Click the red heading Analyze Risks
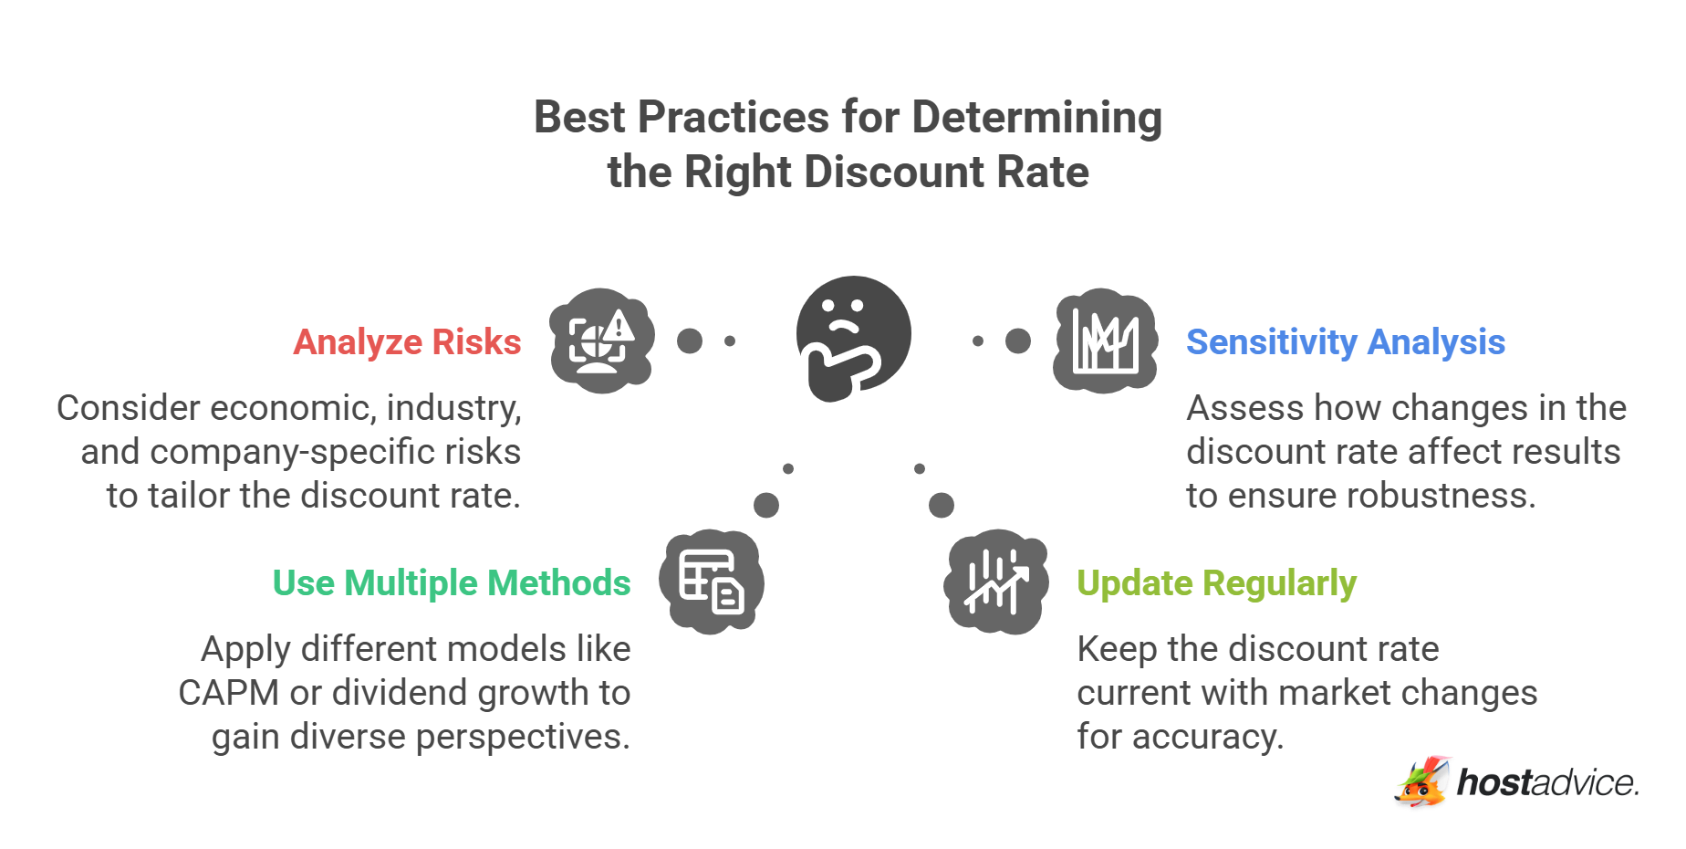click(407, 342)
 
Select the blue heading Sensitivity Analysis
click(1345, 342)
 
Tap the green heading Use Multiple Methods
click(452, 583)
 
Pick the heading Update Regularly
click(1216, 583)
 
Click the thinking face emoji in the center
click(852, 338)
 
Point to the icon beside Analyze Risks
click(601, 341)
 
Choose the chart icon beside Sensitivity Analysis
click(1105, 341)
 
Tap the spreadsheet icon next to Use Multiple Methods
click(713, 582)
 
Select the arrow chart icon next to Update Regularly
click(995, 582)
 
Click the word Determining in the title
click(1036, 118)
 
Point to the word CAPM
click(228, 693)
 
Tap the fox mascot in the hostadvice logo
click(1421, 782)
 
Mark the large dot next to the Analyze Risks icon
click(690, 341)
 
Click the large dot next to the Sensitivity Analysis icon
click(1018, 341)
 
